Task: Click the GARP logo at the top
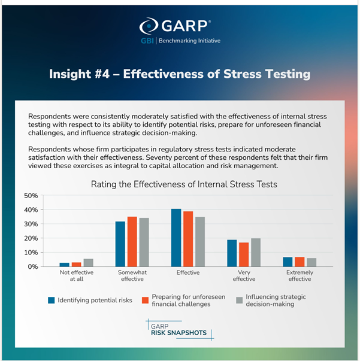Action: click(x=177, y=26)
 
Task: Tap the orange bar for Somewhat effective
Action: click(x=132, y=242)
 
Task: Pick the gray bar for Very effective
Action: click(x=256, y=253)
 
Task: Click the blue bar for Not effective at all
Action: click(x=65, y=265)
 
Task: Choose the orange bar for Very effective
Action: click(x=244, y=254)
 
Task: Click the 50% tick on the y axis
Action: click(x=31, y=196)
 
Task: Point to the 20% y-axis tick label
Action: click(x=31, y=238)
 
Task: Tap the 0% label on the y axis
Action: click(x=33, y=266)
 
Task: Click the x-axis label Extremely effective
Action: click(x=299, y=275)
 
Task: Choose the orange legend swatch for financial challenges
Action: click(x=144, y=299)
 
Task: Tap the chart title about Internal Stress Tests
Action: click(x=184, y=184)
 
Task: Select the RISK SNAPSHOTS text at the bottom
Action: click(x=179, y=334)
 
